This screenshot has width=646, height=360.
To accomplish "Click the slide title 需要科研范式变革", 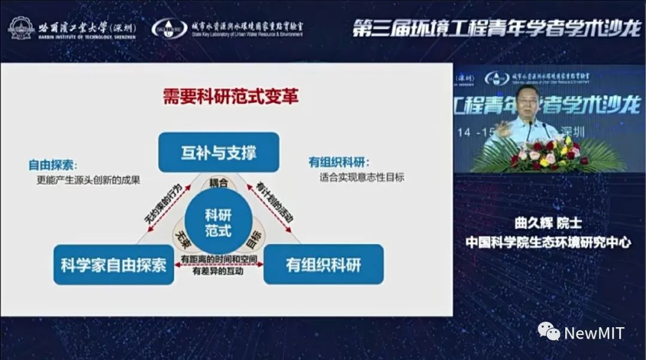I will [230, 97].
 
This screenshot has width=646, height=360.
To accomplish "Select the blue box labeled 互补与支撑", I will [218, 152].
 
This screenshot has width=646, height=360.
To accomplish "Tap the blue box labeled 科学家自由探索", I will [114, 264].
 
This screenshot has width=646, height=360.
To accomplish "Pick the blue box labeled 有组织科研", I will [324, 264].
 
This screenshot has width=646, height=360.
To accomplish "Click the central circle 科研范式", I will [218, 222].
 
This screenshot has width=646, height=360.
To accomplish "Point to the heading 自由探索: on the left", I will [53, 165].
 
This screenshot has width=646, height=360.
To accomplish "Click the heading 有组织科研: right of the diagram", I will [339, 162].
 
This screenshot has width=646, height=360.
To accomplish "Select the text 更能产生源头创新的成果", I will [88, 179].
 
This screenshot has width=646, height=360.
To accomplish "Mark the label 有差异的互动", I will [218, 271].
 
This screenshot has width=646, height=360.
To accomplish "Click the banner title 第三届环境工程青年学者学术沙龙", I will [496, 28].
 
